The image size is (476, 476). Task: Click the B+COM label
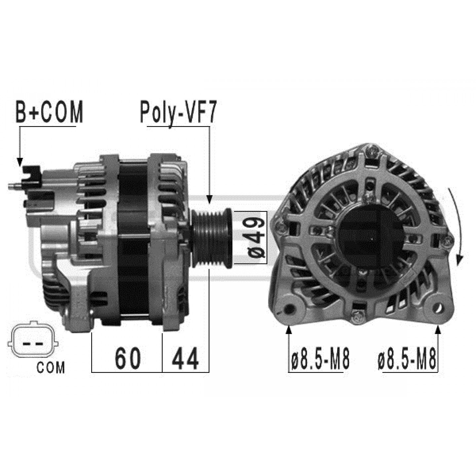coord(49,112)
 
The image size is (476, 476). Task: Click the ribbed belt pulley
coord(212,238)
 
